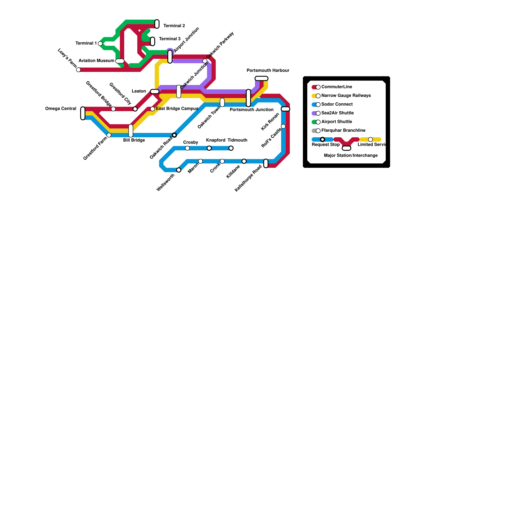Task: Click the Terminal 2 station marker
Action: tap(157, 24)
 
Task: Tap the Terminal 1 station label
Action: tap(86, 43)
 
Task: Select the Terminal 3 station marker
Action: tap(153, 42)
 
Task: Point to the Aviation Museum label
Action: tap(96, 61)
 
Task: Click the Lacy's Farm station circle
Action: tap(78, 70)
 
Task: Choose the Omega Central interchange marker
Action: tap(83, 113)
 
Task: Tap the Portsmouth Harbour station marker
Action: tap(261, 78)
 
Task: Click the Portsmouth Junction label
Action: tap(251, 110)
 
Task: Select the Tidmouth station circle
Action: tap(231, 148)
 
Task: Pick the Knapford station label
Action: tap(215, 140)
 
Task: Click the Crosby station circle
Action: tap(187, 148)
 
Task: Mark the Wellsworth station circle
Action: tap(179, 170)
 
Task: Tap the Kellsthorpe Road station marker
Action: tap(266, 163)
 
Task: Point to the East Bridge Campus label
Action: tap(177, 109)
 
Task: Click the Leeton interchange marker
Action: tap(155, 92)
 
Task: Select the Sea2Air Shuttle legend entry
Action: tap(337, 113)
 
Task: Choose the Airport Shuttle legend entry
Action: tap(337, 122)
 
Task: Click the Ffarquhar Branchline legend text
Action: tap(343, 130)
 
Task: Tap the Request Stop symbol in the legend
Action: tap(323, 140)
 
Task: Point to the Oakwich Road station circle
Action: tap(175, 135)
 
